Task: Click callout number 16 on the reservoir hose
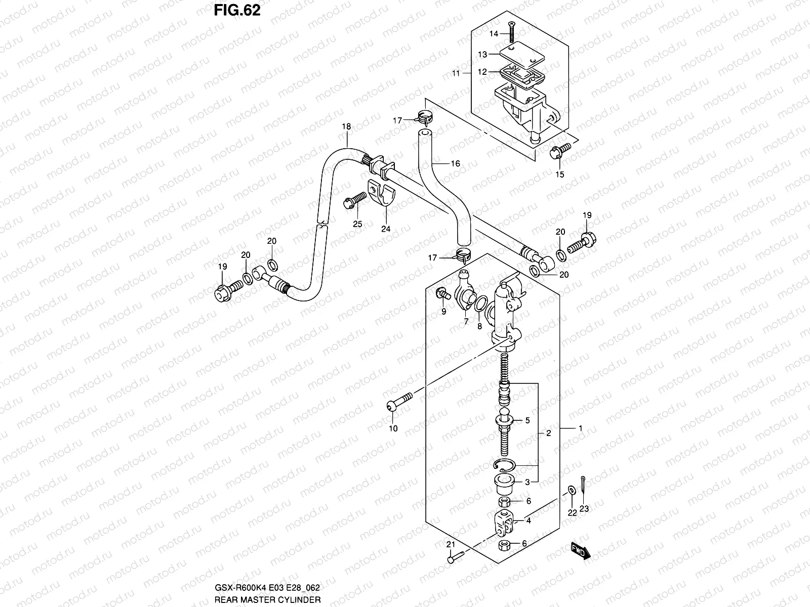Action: pos(455,163)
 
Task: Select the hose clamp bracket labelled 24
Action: pos(382,195)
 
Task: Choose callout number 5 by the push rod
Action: pos(527,420)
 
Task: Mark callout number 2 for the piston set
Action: pos(548,433)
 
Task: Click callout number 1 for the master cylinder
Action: pos(581,428)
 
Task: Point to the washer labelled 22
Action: pos(571,489)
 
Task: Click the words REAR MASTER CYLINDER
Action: pos(267,600)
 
